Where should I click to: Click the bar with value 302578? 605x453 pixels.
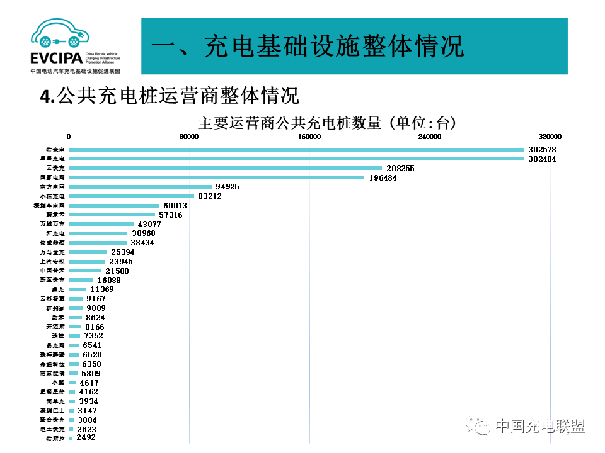click(x=296, y=150)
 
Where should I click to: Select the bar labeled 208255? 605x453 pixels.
click(x=226, y=168)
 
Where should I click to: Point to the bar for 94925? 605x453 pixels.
click(x=141, y=187)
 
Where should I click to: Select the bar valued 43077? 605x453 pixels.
click(x=101, y=224)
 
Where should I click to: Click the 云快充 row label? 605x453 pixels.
click(x=56, y=168)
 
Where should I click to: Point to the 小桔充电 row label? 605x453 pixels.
click(x=56, y=196)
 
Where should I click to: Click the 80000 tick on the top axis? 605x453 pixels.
click(x=189, y=137)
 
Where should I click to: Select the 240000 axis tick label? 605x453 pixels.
click(x=430, y=137)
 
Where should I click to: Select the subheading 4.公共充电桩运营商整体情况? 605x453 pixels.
click(x=169, y=96)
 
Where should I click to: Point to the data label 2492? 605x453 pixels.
click(x=86, y=437)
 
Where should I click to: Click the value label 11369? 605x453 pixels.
click(x=102, y=289)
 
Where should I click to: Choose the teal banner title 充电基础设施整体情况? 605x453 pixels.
click(x=308, y=47)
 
